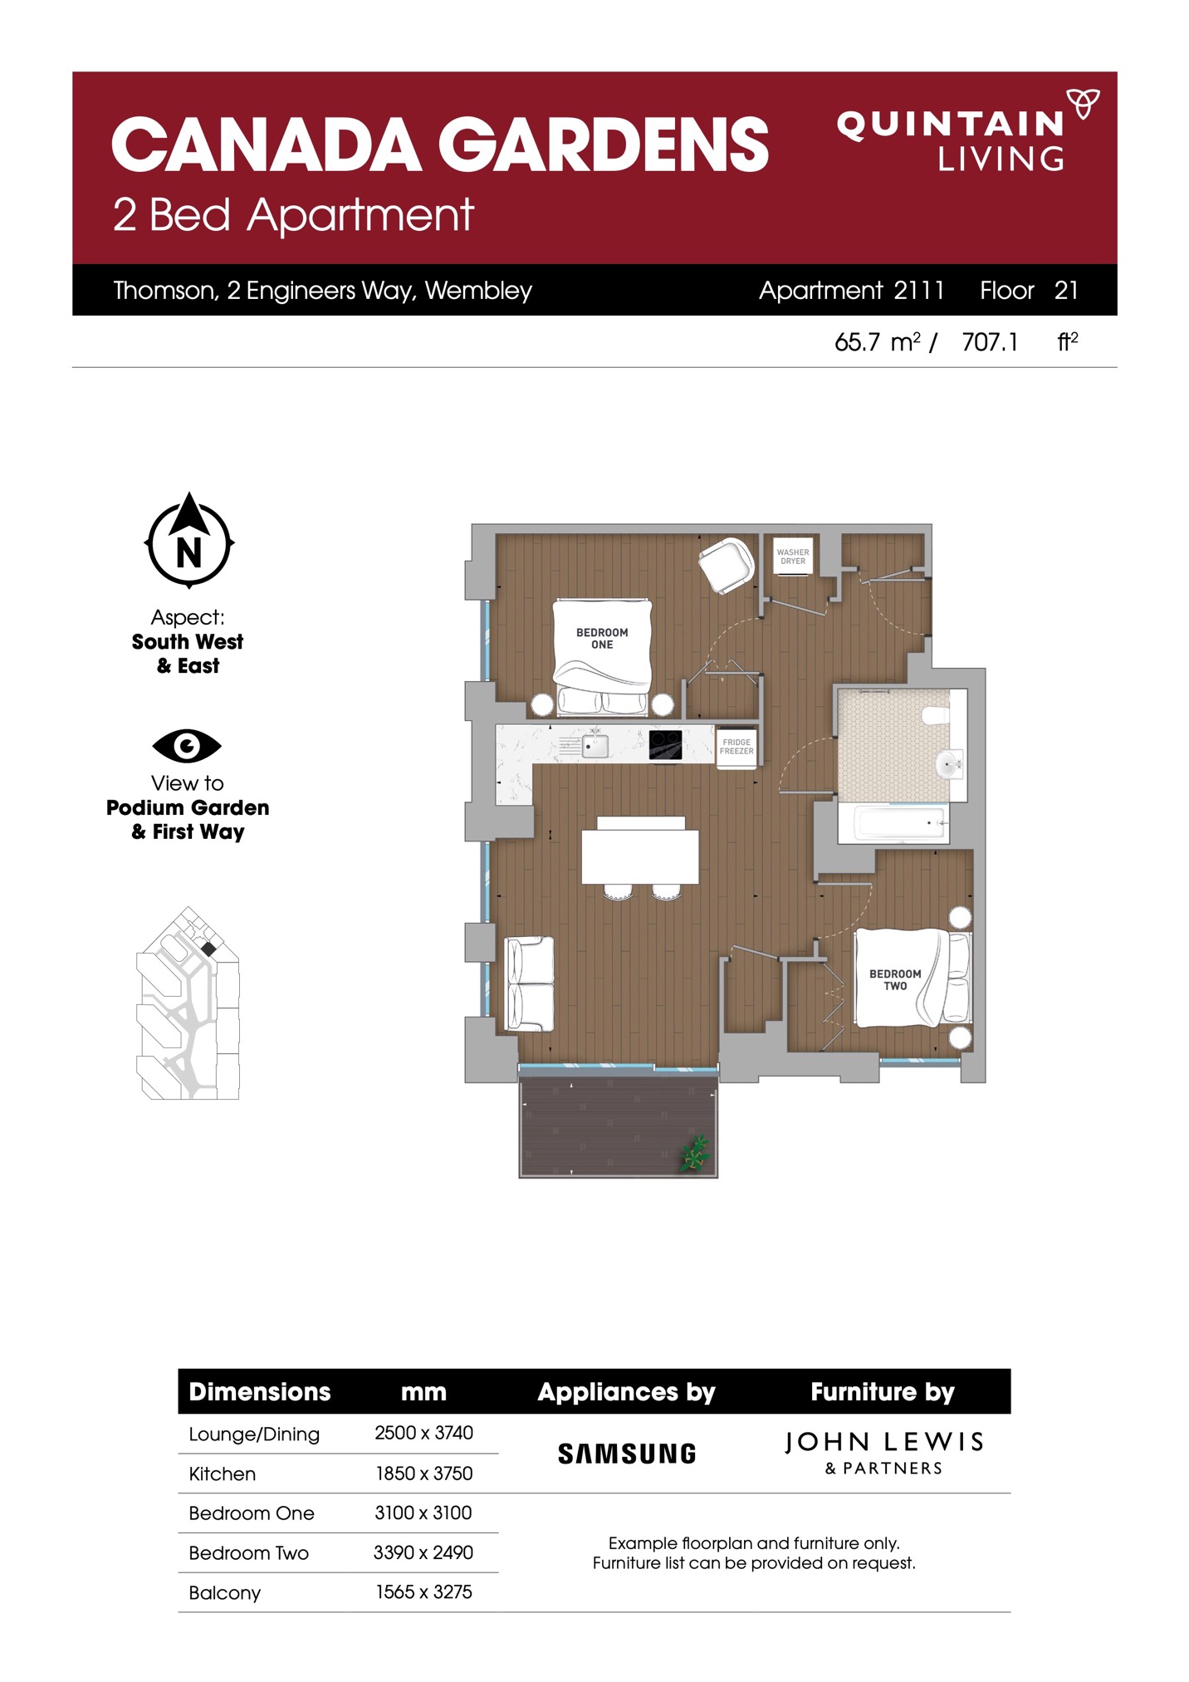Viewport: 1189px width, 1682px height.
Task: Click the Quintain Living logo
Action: pos(967,130)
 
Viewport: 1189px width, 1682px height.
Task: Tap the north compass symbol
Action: pos(189,540)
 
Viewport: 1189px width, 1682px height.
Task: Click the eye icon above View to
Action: pos(187,745)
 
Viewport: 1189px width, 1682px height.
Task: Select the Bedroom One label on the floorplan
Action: pos(602,638)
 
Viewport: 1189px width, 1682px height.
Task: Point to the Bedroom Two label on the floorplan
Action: pos(895,979)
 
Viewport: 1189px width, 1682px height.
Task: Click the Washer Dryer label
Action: pos(793,557)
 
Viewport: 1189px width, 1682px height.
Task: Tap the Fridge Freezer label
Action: pos(736,746)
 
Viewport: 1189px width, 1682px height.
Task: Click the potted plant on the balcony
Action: pos(696,1153)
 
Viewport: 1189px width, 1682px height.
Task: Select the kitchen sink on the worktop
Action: pos(594,745)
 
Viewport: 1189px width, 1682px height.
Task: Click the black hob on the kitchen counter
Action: pos(666,744)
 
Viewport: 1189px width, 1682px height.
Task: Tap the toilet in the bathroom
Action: pos(936,714)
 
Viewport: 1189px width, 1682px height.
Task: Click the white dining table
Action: pos(640,856)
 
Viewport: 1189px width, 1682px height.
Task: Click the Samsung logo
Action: pos(627,1454)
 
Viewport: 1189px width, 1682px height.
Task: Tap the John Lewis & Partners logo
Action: pos(884,1452)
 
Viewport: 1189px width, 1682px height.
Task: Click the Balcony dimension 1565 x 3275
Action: pos(423,1591)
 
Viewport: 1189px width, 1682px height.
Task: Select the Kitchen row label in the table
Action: pos(223,1474)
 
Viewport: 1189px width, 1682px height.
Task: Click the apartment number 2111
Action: pos(919,290)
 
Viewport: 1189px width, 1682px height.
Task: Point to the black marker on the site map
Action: pos(208,949)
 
